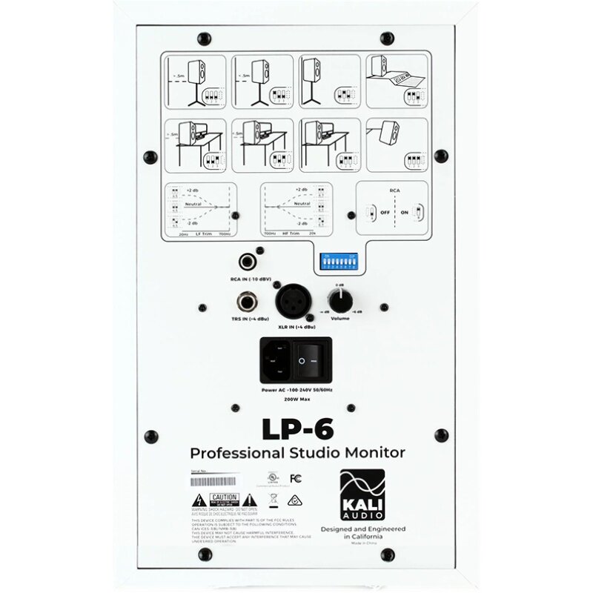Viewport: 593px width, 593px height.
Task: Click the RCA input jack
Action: point(247,262)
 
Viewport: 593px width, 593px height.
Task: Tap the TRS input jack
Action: point(247,303)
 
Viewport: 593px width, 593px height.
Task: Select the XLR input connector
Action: point(293,302)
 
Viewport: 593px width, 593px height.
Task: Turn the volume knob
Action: point(340,300)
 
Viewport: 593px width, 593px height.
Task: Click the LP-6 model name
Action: point(296,429)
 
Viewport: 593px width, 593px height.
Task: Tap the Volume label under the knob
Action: point(340,319)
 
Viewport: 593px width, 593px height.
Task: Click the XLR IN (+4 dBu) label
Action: point(294,327)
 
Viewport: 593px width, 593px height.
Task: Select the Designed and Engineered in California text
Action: point(362,532)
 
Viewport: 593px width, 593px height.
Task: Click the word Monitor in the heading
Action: point(372,451)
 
